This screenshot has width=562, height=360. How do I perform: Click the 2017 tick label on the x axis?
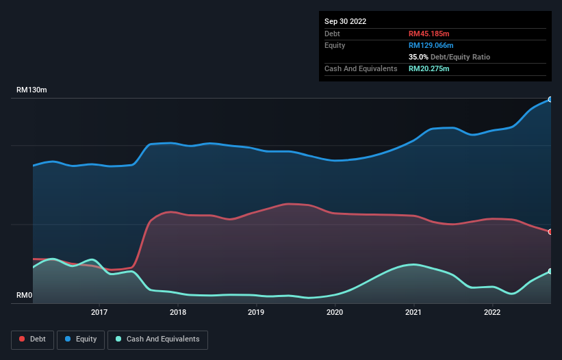[x=99, y=312]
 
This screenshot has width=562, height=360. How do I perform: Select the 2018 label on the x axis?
[x=178, y=312]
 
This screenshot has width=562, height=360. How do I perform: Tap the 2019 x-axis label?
[x=256, y=312]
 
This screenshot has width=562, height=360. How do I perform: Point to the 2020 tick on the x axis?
[x=335, y=312]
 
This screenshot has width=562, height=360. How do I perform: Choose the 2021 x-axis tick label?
[x=413, y=312]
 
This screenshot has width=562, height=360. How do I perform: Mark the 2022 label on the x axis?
[x=491, y=312]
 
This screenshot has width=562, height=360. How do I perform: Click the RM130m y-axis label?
[x=31, y=90]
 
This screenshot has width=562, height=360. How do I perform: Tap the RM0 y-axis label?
[x=25, y=296]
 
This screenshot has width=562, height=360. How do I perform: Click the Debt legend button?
[x=32, y=339]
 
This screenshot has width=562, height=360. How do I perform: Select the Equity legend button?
[x=81, y=339]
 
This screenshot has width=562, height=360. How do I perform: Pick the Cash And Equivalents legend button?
[x=157, y=339]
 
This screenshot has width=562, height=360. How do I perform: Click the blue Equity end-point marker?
[x=550, y=99]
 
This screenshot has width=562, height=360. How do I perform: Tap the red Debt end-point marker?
[x=550, y=232]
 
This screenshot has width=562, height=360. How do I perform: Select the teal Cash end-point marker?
[x=550, y=271]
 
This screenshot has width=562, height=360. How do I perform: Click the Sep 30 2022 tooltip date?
[x=346, y=21]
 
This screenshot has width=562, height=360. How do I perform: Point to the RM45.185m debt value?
[x=429, y=34]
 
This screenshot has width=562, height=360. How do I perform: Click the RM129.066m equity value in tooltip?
[x=431, y=45]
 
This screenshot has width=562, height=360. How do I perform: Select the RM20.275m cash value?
[x=429, y=68]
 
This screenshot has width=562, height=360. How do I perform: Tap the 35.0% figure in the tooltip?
[x=418, y=57]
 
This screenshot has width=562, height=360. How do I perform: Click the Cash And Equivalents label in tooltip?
[x=361, y=68]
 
